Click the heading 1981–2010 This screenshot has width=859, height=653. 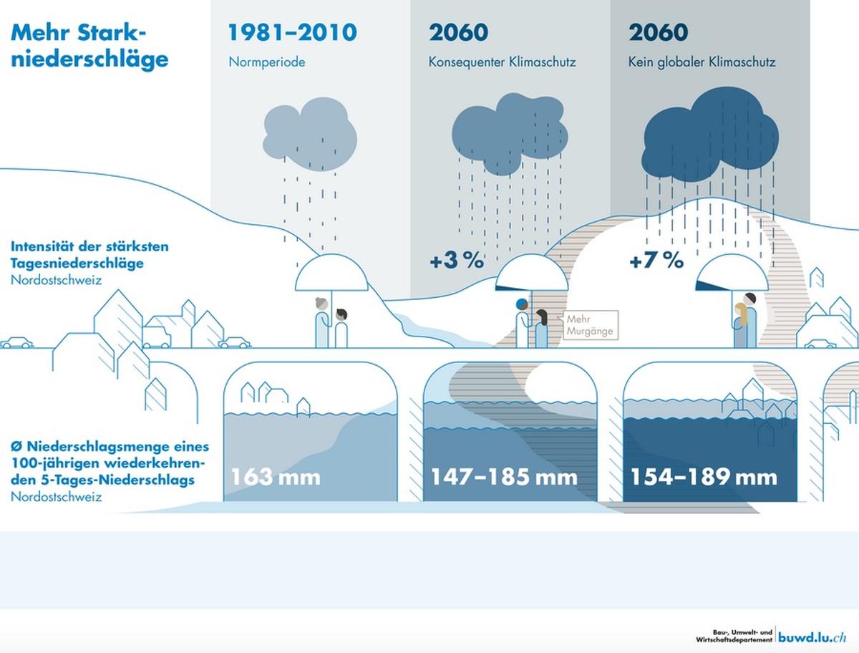(x=292, y=32)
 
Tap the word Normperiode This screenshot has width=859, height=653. (x=267, y=62)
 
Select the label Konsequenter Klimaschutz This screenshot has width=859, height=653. (x=502, y=62)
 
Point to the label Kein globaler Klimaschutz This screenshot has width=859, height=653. (x=702, y=62)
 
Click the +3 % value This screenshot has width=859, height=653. (x=457, y=260)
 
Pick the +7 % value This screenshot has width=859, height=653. (x=656, y=260)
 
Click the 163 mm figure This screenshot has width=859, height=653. (x=276, y=478)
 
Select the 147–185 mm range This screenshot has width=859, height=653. (x=504, y=478)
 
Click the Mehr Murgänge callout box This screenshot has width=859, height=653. (x=591, y=325)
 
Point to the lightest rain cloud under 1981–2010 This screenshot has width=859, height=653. (x=309, y=134)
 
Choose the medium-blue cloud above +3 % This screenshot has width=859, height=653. (x=510, y=133)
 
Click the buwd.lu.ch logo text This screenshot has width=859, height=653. (x=812, y=637)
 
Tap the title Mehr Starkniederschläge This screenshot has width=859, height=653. (x=89, y=46)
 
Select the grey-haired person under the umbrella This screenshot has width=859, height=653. (x=322, y=322)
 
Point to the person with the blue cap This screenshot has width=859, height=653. (x=523, y=323)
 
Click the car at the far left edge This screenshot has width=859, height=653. (x=17, y=343)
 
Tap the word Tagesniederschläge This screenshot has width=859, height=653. (x=77, y=263)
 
